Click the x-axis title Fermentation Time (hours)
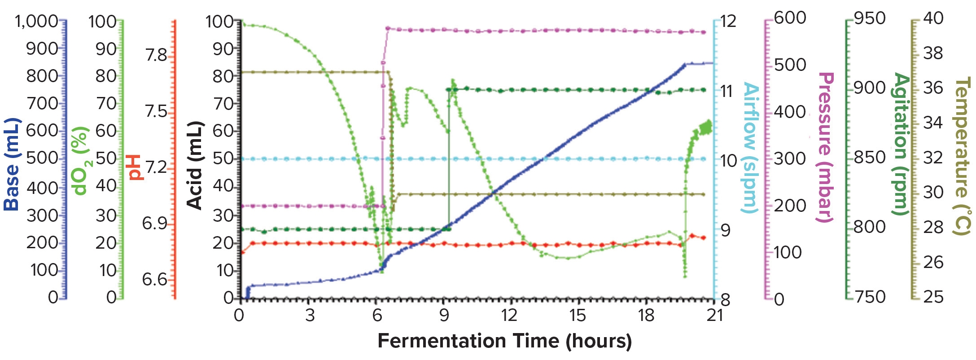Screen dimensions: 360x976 (504, 341)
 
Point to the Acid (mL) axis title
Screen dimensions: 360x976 (195, 165)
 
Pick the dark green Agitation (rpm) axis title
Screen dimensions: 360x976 (900, 144)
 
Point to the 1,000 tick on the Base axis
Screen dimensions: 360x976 (37, 21)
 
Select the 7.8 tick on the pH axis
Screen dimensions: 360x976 (156, 55)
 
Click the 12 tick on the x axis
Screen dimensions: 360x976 (509, 315)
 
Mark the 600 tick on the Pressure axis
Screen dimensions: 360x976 (790, 18)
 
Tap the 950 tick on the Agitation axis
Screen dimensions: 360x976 (870, 18)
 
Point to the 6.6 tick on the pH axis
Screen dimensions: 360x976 (155, 280)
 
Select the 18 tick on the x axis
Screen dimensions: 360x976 (646, 315)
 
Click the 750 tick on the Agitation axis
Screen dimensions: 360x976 (870, 297)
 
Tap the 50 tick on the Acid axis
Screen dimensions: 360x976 (223, 158)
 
